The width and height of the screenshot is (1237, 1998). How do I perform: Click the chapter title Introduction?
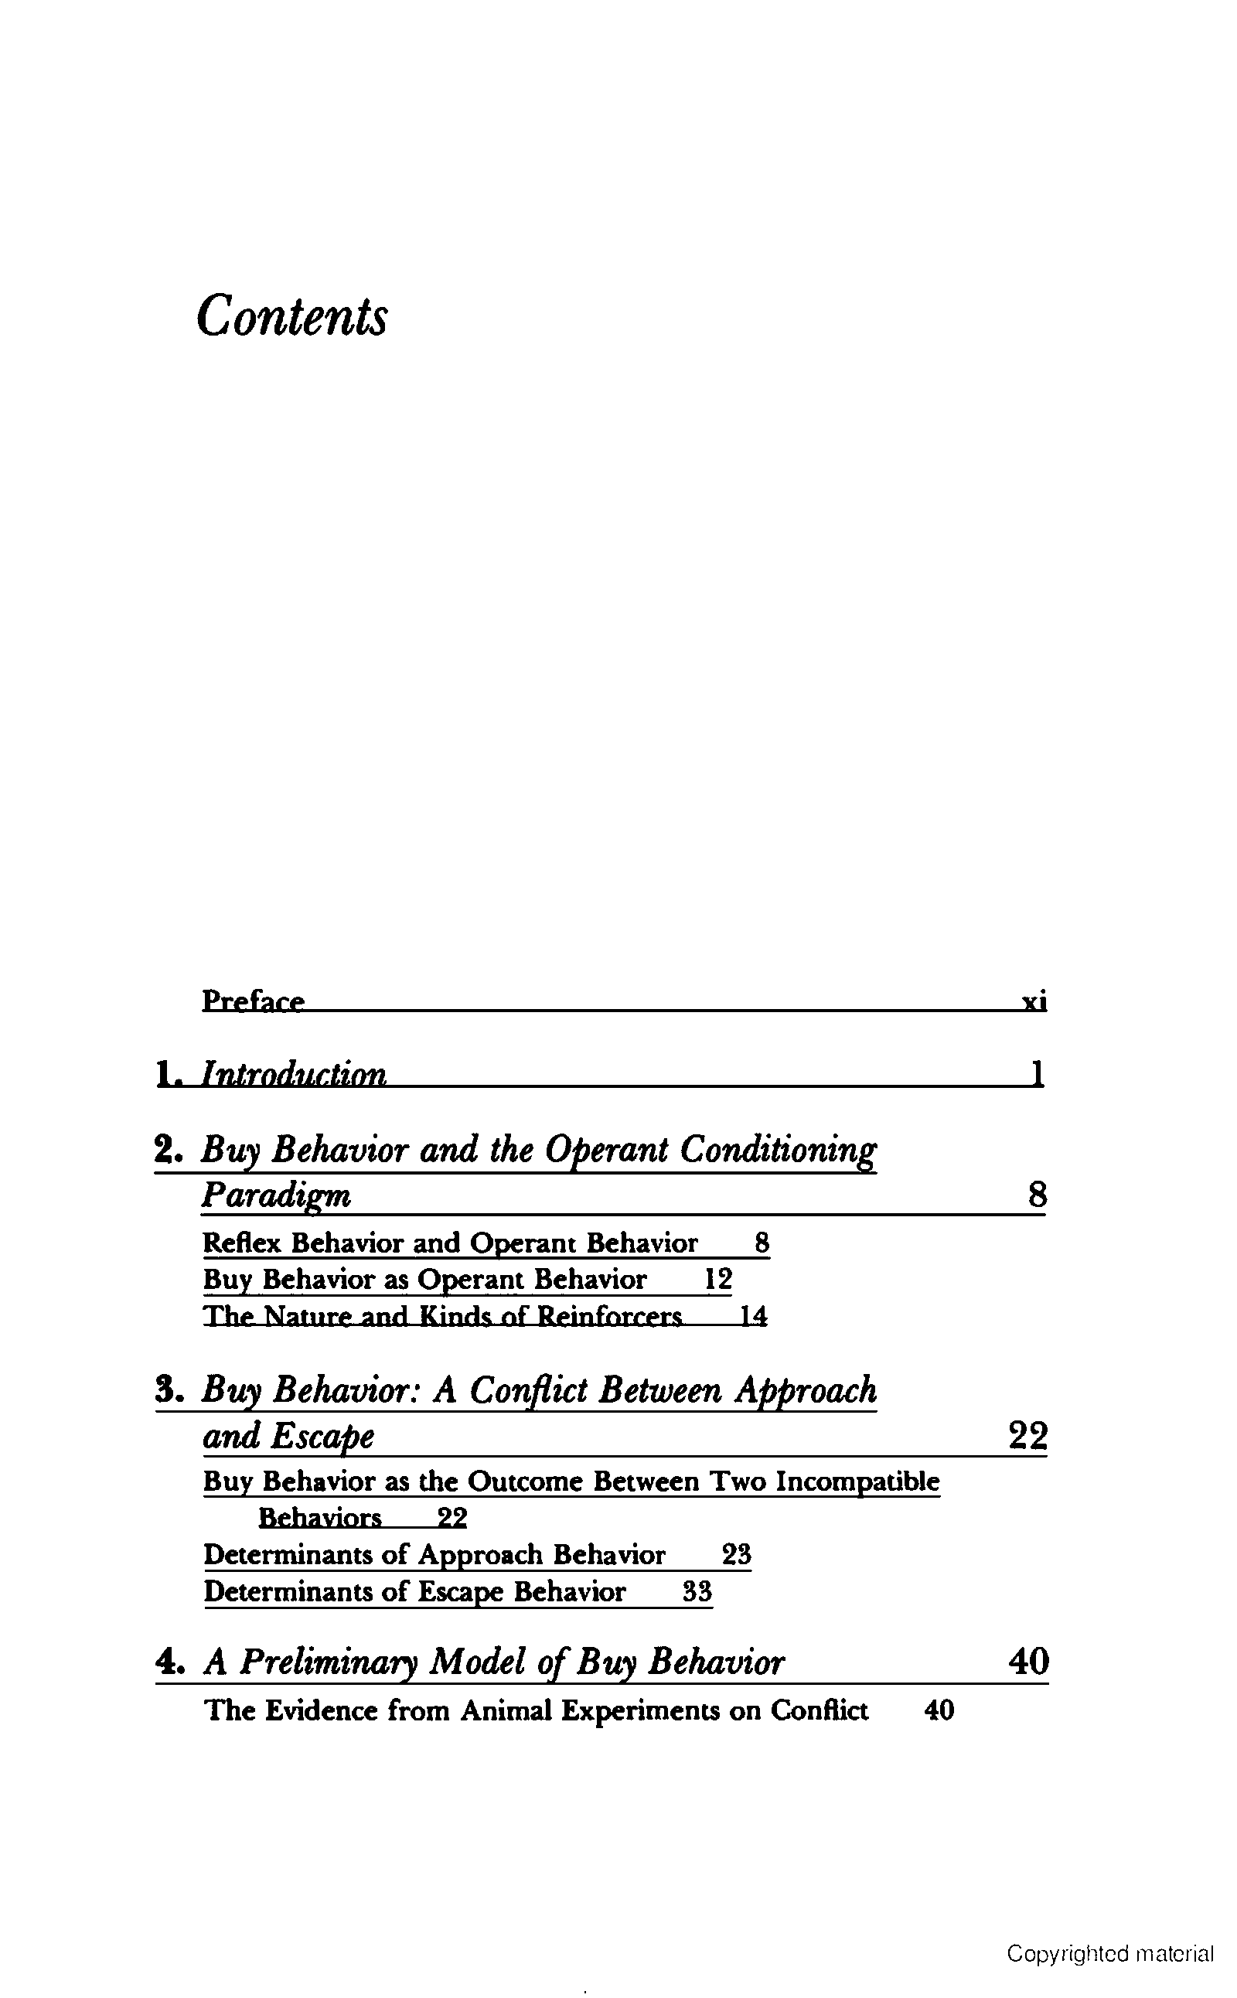point(294,1073)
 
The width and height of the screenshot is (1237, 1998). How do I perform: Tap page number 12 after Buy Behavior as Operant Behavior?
point(717,1279)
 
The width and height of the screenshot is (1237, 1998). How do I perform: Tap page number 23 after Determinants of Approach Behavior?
point(736,1553)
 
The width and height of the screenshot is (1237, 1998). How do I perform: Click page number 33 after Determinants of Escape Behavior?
point(697,1591)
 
